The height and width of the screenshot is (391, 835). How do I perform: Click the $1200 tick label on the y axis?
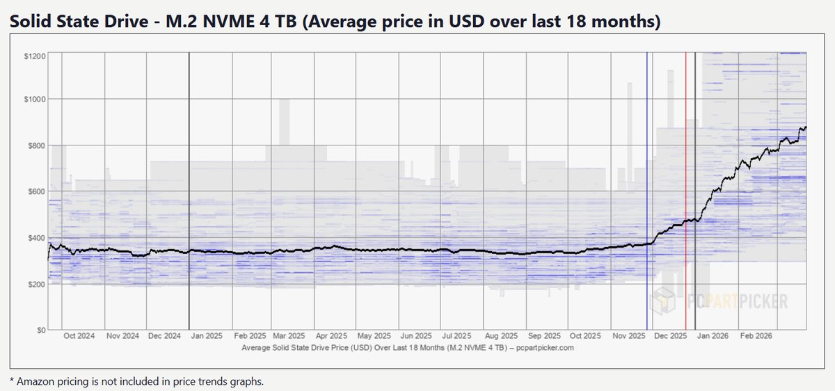(35, 54)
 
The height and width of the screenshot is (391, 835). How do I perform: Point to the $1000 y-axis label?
(35, 99)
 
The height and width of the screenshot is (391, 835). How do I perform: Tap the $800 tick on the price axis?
(37, 145)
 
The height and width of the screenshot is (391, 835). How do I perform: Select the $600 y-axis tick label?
(37, 191)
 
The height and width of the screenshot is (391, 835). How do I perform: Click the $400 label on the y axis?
(37, 237)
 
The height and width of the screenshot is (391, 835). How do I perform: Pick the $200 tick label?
(37, 284)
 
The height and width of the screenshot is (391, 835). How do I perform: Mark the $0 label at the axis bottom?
(41, 330)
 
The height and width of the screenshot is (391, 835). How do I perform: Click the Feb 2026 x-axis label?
(756, 336)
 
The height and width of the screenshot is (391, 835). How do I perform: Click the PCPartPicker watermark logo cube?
(662, 301)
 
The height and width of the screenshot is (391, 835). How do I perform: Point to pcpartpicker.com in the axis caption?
(545, 346)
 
